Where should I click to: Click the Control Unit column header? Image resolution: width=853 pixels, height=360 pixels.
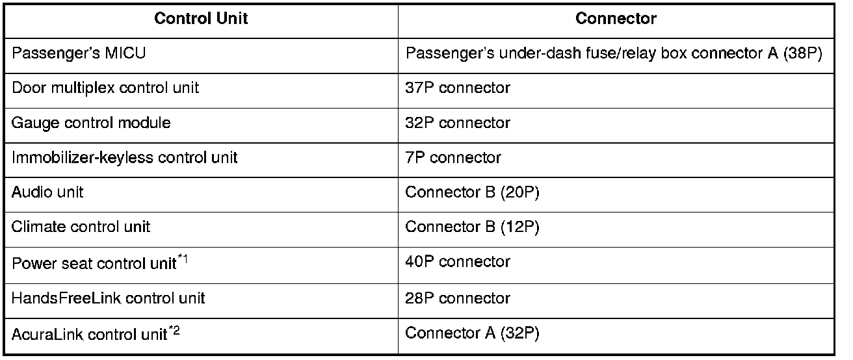201,18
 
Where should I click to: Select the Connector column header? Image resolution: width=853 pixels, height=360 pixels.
616,18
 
